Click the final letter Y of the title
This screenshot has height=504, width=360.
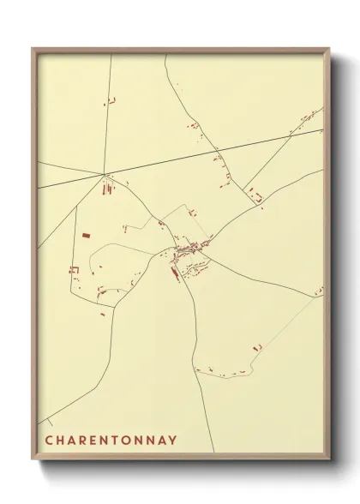tap(173, 441)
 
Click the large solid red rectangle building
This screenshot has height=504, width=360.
tap(85, 233)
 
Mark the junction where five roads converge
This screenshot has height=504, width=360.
tap(104, 176)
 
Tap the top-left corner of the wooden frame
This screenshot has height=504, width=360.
tap(33, 48)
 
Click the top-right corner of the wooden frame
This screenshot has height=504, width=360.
tap(331, 48)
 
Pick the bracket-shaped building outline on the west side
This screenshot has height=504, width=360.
tap(74, 270)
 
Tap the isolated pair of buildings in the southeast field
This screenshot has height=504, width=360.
tap(256, 348)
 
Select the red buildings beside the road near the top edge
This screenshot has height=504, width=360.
tap(111, 103)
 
